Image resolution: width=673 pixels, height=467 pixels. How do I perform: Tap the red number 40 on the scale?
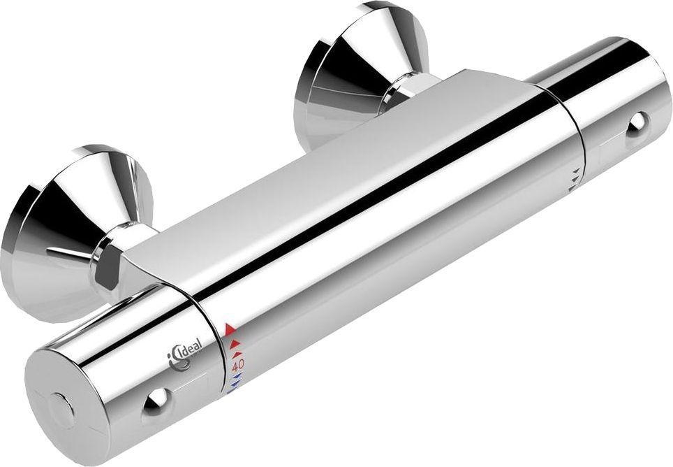237,364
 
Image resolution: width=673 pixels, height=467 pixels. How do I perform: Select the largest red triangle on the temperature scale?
231,327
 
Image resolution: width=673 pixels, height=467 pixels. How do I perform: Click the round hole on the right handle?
636,124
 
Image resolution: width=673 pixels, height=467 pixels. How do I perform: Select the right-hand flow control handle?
614,119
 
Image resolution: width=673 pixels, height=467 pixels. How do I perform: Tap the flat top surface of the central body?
349,154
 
